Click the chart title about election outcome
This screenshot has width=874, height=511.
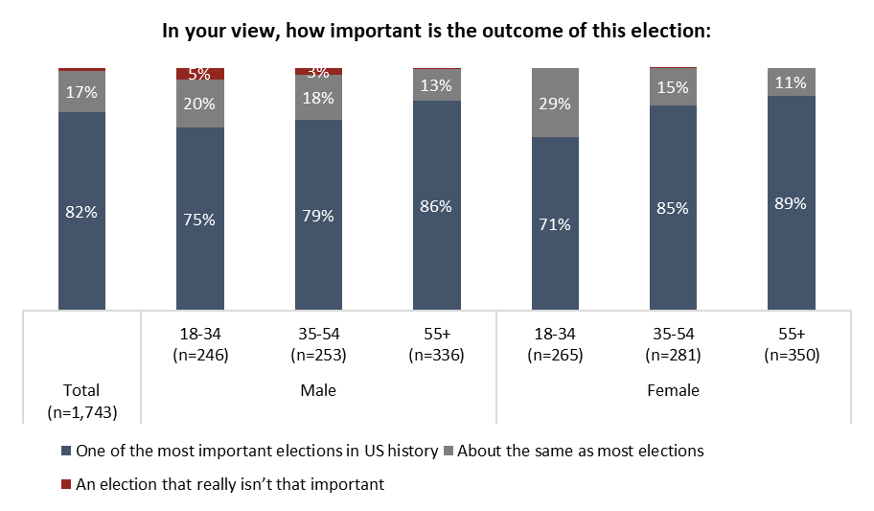(x=436, y=31)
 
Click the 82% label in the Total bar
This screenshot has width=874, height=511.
(x=81, y=212)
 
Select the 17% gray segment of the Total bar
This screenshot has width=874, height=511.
(x=81, y=92)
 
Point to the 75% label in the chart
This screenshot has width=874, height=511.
(x=200, y=220)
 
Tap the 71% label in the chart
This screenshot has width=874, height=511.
(x=555, y=224)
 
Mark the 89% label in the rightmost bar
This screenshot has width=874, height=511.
(x=791, y=203)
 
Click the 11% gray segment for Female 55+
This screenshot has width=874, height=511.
(x=791, y=82)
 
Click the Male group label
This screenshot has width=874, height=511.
(x=318, y=390)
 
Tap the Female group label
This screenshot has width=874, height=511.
(x=673, y=390)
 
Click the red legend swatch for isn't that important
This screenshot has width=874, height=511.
(x=65, y=485)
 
